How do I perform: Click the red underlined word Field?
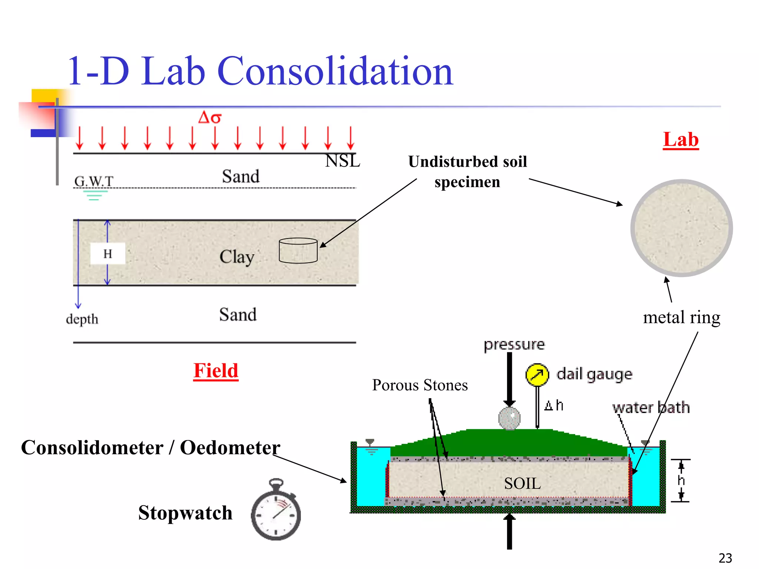click(216, 370)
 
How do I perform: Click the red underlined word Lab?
click(680, 140)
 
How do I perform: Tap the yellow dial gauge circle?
click(537, 375)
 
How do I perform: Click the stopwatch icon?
click(276, 511)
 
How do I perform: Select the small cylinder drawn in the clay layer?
click(298, 251)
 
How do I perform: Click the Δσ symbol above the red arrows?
click(210, 118)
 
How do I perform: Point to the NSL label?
click(342, 161)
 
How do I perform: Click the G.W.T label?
click(94, 181)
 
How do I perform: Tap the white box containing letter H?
click(107, 254)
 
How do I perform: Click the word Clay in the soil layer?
click(237, 257)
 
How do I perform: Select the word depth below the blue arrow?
click(82, 319)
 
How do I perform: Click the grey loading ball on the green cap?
click(509, 419)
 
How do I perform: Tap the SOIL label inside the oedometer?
click(522, 483)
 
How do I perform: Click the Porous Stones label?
click(420, 385)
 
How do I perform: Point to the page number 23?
click(725, 558)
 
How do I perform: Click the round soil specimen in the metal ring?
click(681, 228)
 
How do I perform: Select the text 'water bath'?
click(651, 407)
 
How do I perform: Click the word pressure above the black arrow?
click(514, 345)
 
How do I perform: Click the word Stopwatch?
click(185, 513)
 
